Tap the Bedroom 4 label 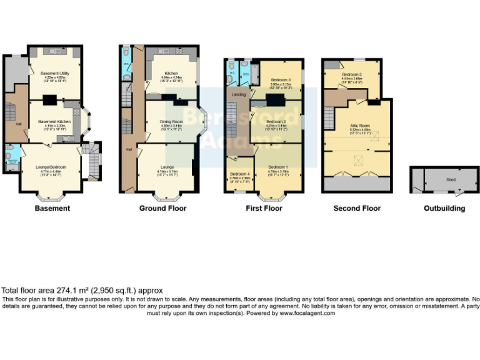239,174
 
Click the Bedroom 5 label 351,75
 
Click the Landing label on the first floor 239,94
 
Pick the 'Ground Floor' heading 162,208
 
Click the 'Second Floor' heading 357,208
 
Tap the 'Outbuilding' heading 444,208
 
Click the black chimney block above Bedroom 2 275,100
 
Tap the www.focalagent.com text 307,313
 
